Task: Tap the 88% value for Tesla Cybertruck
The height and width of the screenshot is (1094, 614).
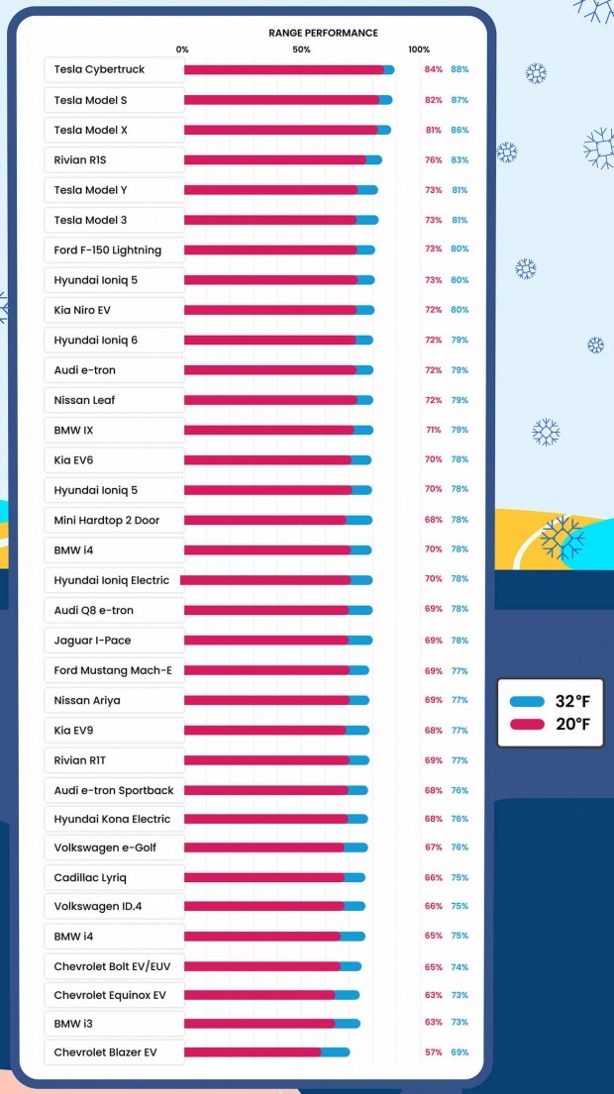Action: tap(460, 69)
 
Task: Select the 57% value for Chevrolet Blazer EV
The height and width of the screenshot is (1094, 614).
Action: tap(433, 1052)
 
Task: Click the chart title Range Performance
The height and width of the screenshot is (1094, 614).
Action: tap(323, 33)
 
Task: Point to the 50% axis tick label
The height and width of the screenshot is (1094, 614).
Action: tap(302, 50)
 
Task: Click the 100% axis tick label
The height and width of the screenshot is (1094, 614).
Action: tap(419, 50)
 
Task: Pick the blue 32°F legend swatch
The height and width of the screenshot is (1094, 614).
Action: tap(527, 702)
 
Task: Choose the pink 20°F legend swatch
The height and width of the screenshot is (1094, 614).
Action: tap(527, 725)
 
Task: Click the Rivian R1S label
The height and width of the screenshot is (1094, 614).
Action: tap(80, 159)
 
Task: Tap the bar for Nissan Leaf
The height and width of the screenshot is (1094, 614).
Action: tap(277, 400)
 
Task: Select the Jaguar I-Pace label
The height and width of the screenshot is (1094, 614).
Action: tap(92, 641)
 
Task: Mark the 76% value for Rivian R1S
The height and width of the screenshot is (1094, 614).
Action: tap(433, 159)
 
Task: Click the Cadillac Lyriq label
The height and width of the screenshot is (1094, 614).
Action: tap(90, 877)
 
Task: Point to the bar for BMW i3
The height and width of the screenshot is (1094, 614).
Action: tap(271, 1023)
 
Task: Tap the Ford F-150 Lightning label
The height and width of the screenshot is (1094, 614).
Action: tap(107, 249)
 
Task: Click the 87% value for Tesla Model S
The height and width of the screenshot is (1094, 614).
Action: tap(460, 100)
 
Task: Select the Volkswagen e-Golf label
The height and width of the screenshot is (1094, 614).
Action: tap(105, 847)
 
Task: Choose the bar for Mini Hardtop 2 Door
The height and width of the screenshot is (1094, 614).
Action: tap(277, 520)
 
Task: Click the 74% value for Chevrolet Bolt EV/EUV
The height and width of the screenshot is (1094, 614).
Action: tap(460, 966)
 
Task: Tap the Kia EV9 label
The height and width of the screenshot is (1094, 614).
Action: tap(75, 731)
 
